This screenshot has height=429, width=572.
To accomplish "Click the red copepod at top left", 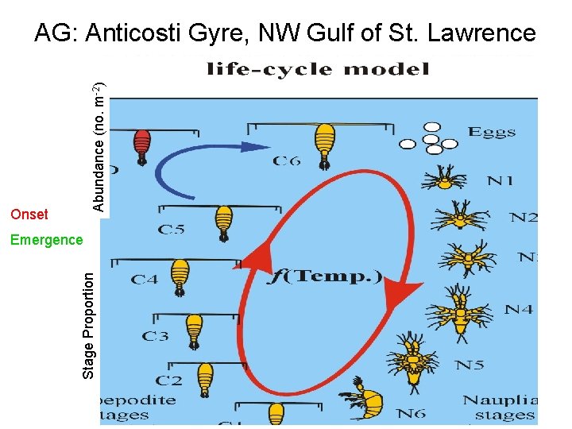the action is coord(142,145).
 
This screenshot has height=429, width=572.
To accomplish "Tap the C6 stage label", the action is coord(287,161).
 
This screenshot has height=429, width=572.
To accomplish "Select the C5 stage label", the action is coord(171,230).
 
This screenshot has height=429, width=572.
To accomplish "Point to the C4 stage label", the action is coord(145,279).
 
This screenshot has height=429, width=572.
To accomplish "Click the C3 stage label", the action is coord(156,336).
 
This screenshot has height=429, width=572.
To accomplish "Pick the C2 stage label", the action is coord(168,381).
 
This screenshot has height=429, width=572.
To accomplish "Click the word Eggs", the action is coord(493,133).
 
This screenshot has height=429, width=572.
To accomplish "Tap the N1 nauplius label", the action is coord(500,180).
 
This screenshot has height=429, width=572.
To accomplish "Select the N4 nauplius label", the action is coord(518,309).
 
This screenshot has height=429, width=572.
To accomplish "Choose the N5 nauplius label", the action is coord(470,365).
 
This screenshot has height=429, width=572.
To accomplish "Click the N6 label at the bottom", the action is coord(412,413).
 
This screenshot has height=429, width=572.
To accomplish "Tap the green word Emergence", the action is coord(46,240).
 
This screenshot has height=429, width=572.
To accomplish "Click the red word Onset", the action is coord(29,214).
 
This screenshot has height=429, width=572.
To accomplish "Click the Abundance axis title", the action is coord(99,148).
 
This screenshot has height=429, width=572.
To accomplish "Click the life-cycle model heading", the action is coord(318,69).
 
